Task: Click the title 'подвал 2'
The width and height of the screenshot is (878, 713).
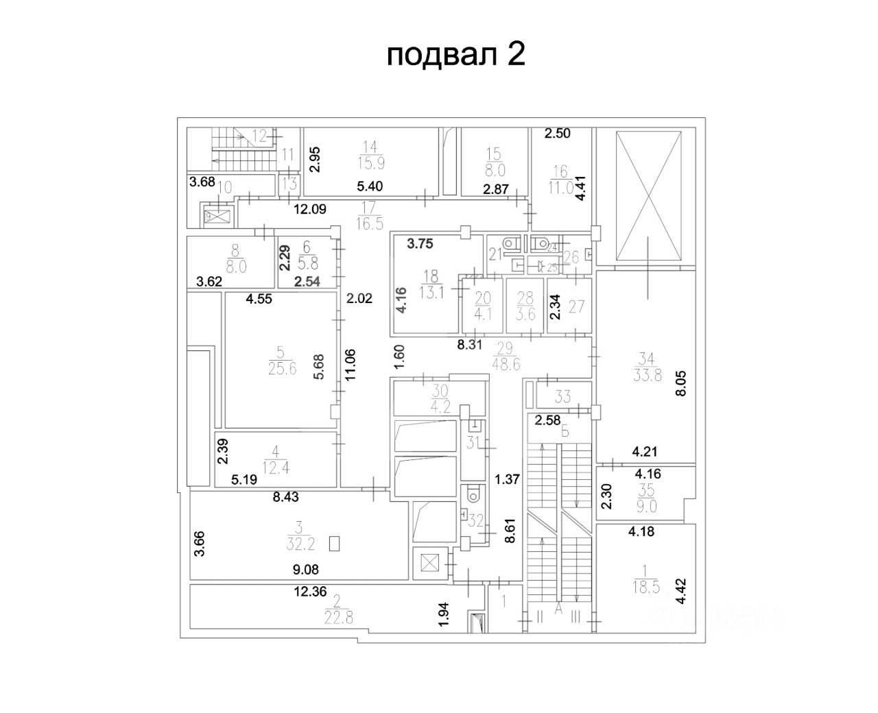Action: [456, 55]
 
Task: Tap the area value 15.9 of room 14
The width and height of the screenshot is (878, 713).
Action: [370, 163]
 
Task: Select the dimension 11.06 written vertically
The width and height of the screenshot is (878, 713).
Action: [351, 364]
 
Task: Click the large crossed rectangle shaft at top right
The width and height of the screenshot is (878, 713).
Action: [649, 195]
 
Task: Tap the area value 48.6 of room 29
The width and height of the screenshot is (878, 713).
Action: [506, 365]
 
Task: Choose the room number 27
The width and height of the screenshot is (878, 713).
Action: [576, 306]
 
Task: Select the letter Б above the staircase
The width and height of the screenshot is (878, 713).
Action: [565, 432]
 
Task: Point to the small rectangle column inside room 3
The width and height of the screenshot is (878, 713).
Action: [335, 544]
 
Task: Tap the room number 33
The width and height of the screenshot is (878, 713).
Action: [562, 396]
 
